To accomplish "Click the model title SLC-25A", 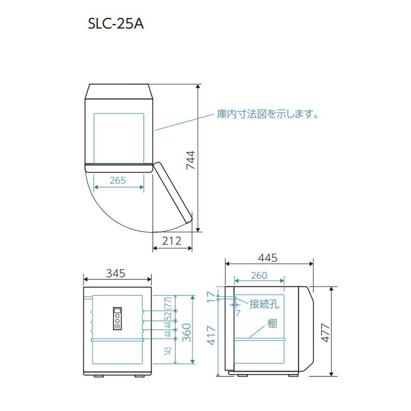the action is pyautogui.click(x=116, y=24).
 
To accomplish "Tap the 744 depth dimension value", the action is pyautogui.click(x=191, y=160).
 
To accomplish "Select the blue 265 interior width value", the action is pyautogui.click(x=118, y=180).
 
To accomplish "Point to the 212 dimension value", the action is pyautogui.click(x=172, y=241).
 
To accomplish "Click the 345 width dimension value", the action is pyautogui.click(x=116, y=273).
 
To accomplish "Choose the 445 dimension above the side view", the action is pyautogui.click(x=268, y=258).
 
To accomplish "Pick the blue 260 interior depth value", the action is pyautogui.click(x=259, y=275).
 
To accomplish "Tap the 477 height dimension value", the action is pyautogui.click(x=325, y=333).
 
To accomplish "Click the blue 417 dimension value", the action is pyautogui.click(x=211, y=335).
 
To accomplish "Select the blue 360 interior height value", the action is pyautogui.click(x=186, y=333).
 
